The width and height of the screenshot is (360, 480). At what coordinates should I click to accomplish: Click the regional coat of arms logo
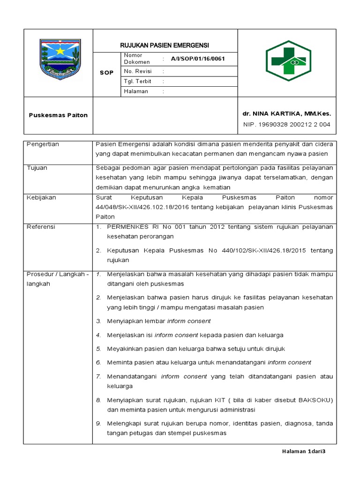[x=58, y=60]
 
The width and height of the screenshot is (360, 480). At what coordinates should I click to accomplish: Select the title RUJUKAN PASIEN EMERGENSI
[x=165, y=45]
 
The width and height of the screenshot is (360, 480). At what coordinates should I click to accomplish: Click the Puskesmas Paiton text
[x=58, y=115]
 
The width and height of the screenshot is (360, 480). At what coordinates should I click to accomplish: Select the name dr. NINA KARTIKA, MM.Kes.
[x=286, y=113]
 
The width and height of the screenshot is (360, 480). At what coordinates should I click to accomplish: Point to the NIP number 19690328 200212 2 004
[x=286, y=124]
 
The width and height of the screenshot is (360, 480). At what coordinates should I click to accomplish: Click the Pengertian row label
[x=43, y=144]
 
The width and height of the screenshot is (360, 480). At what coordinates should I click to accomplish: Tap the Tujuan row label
[x=37, y=168]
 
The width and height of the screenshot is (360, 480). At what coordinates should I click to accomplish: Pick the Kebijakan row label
[x=41, y=197]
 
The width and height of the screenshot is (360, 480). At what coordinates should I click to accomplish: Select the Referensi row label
[x=41, y=227]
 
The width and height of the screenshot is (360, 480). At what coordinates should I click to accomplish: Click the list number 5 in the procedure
[x=98, y=349]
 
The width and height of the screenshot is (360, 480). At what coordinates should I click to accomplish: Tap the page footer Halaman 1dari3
[x=303, y=451]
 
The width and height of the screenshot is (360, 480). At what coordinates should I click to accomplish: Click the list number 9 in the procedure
[x=98, y=423]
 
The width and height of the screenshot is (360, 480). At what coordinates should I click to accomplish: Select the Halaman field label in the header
[x=136, y=91]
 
